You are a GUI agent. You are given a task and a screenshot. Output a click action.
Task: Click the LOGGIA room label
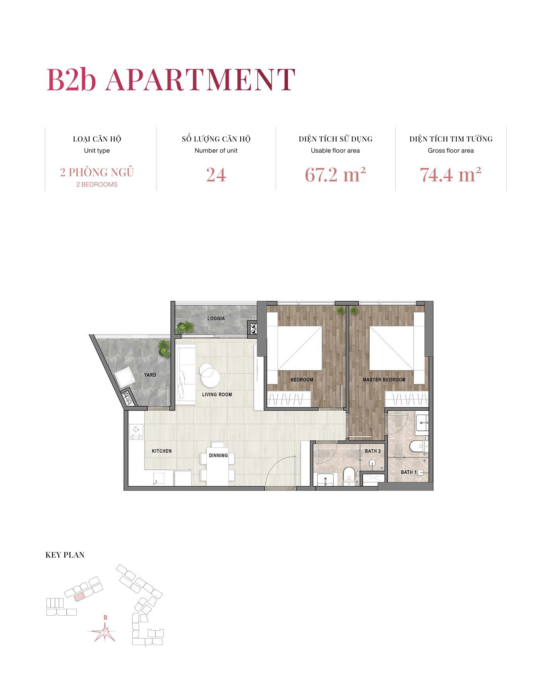(x=216, y=318)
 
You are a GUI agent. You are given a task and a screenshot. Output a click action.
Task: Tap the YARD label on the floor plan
(x=150, y=375)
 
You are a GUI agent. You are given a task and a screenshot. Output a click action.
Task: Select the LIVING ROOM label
(x=217, y=394)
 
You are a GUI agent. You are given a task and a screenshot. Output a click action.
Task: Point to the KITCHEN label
(x=162, y=451)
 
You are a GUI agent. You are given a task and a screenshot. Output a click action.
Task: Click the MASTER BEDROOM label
(x=384, y=380)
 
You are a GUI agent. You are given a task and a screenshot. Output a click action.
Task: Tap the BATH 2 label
(x=372, y=451)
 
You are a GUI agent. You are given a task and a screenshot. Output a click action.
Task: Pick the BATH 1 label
(x=409, y=472)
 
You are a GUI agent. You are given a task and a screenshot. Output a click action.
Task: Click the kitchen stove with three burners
(x=137, y=432)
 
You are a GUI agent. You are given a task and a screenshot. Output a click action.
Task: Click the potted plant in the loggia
(x=185, y=327)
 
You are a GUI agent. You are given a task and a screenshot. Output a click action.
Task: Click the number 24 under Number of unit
(x=216, y=175)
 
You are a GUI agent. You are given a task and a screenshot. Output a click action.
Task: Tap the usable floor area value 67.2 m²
(x=335, y=175)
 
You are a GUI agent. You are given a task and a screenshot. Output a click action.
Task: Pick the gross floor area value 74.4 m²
(x=450, y=175)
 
